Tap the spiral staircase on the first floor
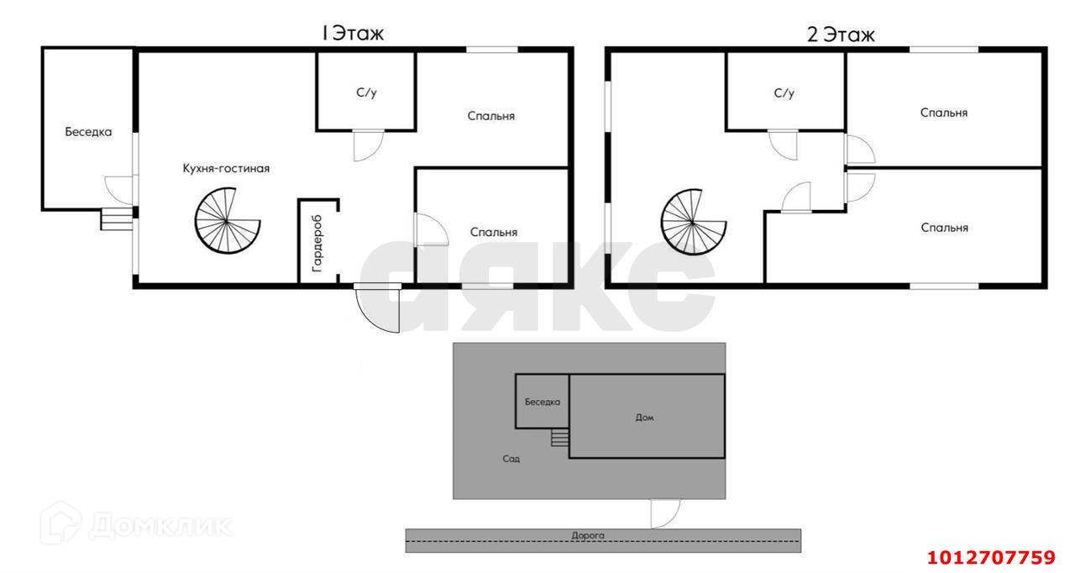(228, 222)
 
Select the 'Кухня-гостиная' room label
(226, 168)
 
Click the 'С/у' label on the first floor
(366, 92)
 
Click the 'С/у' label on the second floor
(784, 92)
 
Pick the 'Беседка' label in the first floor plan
(88, 131)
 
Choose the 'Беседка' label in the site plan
(543, 402)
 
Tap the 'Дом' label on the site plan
(645, 417)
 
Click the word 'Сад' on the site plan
(512, 459)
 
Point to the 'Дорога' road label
(587, 534)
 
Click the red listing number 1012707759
(990, 557)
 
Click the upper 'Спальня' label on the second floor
(944, 112)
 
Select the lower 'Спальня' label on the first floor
(494, 232)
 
